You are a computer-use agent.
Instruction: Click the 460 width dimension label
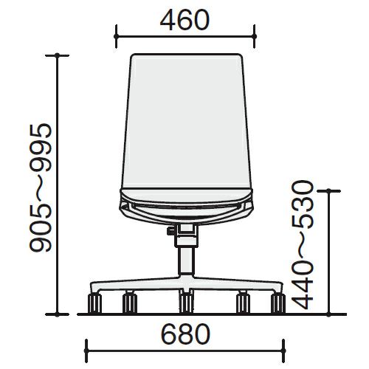tap(184, 20)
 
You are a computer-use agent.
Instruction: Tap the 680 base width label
tap(185, 334)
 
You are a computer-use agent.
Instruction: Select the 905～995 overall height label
tap(41, 187)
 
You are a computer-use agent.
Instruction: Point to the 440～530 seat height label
tap(303, 245)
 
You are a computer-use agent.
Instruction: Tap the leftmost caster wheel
tap(94, 303)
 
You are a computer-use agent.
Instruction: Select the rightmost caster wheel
tap(278, 303)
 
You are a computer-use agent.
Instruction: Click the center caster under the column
tap(186, 303)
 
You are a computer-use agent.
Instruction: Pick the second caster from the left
tap(130, 303)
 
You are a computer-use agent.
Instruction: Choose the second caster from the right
tap(243, 303)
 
